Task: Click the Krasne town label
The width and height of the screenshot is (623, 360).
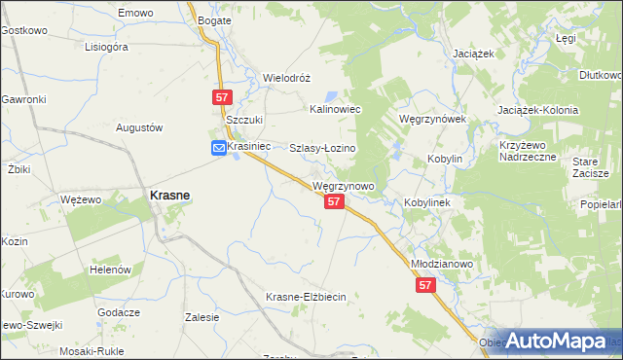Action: click(168, 195)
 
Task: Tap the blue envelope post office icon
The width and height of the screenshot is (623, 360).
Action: click(219, 147)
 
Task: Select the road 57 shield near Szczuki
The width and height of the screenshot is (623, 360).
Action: click(222, 96)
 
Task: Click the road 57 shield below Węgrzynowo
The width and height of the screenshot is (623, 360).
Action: click(334, 200)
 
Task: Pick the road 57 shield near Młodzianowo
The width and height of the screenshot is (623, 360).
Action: click(425, 285)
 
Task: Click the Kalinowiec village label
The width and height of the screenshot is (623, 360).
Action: click(335, 110)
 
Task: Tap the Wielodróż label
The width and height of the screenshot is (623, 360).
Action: click(286, 77)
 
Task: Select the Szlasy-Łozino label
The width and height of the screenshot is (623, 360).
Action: click(323, 148)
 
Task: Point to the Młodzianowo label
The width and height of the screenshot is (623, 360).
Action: click(441, 264)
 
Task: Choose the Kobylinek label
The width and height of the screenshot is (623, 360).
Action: click(425, 202)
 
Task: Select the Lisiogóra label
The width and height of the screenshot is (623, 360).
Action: click(107, 46)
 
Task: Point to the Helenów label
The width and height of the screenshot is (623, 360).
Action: click(110, 269)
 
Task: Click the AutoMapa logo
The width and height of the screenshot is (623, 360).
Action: click(556, 341)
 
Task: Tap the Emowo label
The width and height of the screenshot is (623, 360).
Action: click(135, 13)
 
